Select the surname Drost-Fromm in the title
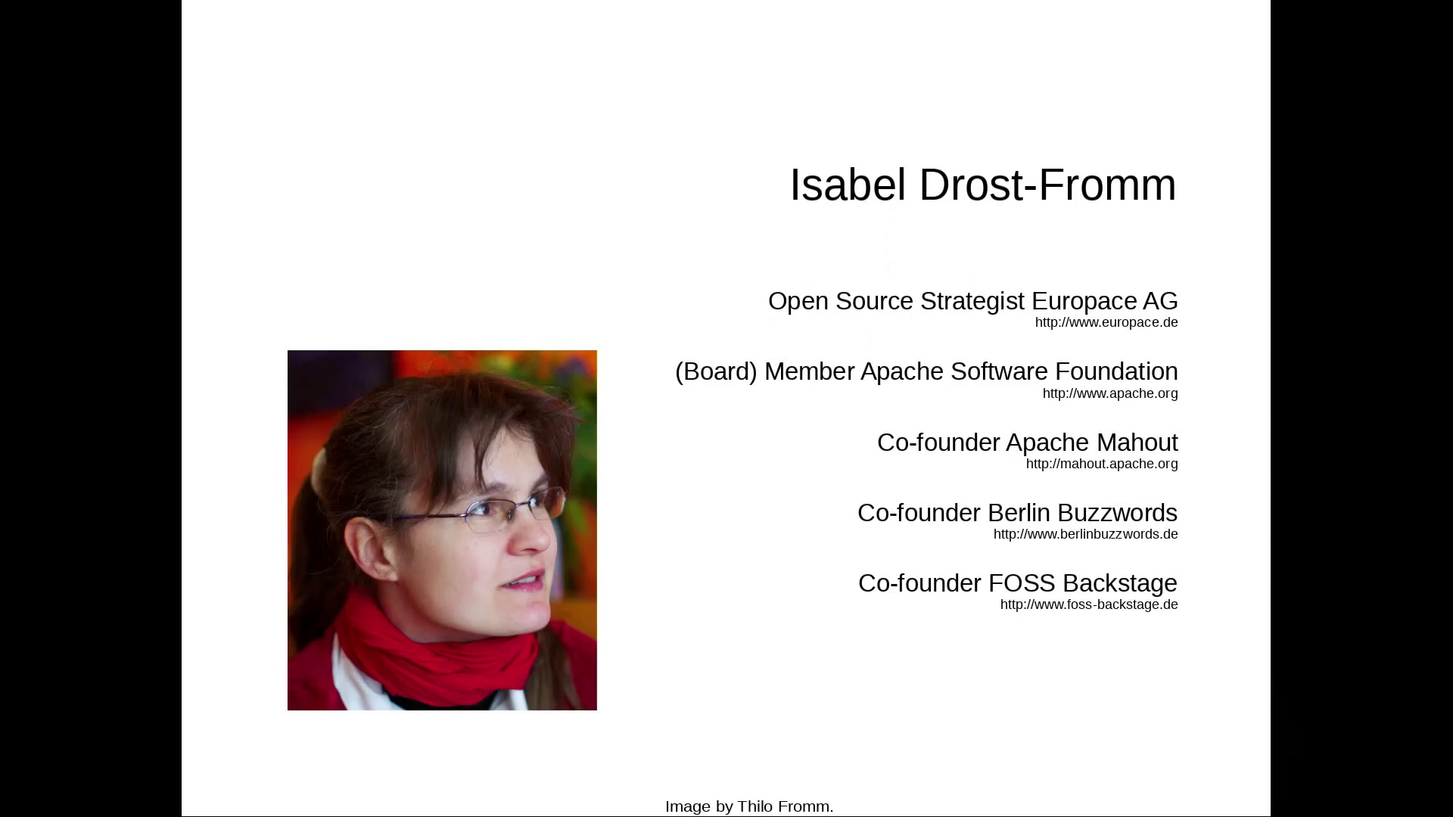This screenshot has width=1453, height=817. pyautogui.click(x=1047, y=185)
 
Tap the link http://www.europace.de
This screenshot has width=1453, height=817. pyautogui.click(x=1106, y=322)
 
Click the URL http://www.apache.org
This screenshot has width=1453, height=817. pyautogui.click(x=1110, y=393)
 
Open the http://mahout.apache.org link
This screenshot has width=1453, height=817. pyautogui.click(x=1102, y=464)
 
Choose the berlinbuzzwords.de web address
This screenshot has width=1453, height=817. pyautogui.click(x=1086, y=534)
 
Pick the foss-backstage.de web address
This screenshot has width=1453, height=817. pyautogui.click(x=1089, y=604)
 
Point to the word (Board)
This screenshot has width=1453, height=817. pyautogui.click(x=716, y=371)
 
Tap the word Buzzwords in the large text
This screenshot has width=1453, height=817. pyautogui.click(x=1117, y=513)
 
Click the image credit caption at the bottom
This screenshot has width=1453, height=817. pyautogui.click(x=749, y=806)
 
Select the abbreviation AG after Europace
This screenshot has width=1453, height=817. pyautogui.click(x=1160, y=301)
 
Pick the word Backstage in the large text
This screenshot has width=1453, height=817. pyautogui.click(x=1120, y=583)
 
